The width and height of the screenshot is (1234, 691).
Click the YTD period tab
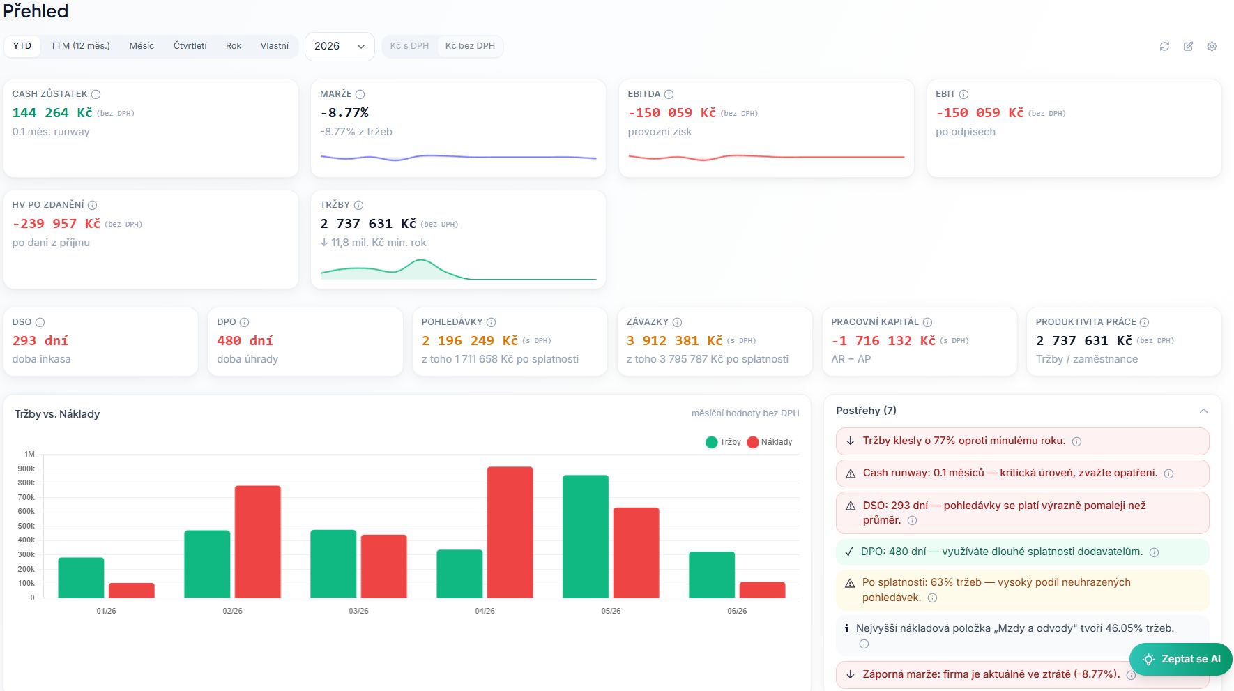click(x=22, y=46)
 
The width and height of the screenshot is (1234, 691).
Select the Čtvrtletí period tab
click(x=190, y=46)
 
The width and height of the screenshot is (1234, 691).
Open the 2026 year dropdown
click(x=340, y=46)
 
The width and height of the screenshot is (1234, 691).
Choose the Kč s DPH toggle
click(x=409, y=46)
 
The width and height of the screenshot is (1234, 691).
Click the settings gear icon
click(x=1212, y=46)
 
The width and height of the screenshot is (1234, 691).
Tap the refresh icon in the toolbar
click(x=1164, y=46)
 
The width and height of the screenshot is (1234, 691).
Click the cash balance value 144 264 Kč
click(x=52, y=113)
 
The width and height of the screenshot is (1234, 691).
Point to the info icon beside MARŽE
click(x=360, y=94)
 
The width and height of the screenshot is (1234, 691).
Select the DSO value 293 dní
click(x=40, y=341)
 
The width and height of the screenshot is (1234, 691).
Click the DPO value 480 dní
click(x=245, y=341)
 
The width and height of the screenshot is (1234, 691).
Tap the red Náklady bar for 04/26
click(x=510, y=532)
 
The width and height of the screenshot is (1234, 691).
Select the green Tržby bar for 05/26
click(x=586, y=536)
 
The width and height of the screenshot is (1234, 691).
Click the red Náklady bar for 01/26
click(x=131, y=590)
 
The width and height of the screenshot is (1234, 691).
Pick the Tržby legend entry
click(x=723, y=442)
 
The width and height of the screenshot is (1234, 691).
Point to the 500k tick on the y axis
click(x=26, y=526)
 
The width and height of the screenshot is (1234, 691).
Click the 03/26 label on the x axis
click(x=358, y=611)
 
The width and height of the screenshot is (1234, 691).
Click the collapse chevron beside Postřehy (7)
click(x=1203, y=411)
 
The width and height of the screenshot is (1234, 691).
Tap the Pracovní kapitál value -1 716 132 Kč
click(x=883, y=341)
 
